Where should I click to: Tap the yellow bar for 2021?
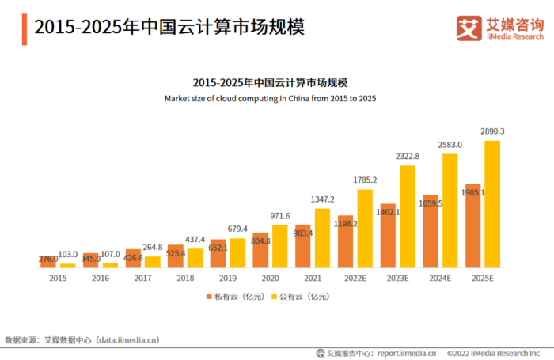(322, 237)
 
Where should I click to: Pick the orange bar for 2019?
(217, 253)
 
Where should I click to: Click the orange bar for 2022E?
(345, 241)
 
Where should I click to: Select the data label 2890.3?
(492, 131)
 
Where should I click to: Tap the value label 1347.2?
(322, 199)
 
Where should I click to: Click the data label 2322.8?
(407, 157)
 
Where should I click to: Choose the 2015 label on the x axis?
(57, 279)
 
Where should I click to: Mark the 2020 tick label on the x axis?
(270, 279)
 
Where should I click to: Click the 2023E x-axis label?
(397, 279)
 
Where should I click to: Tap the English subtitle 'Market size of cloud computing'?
(270, 98)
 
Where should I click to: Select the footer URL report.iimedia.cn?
(407, 353)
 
